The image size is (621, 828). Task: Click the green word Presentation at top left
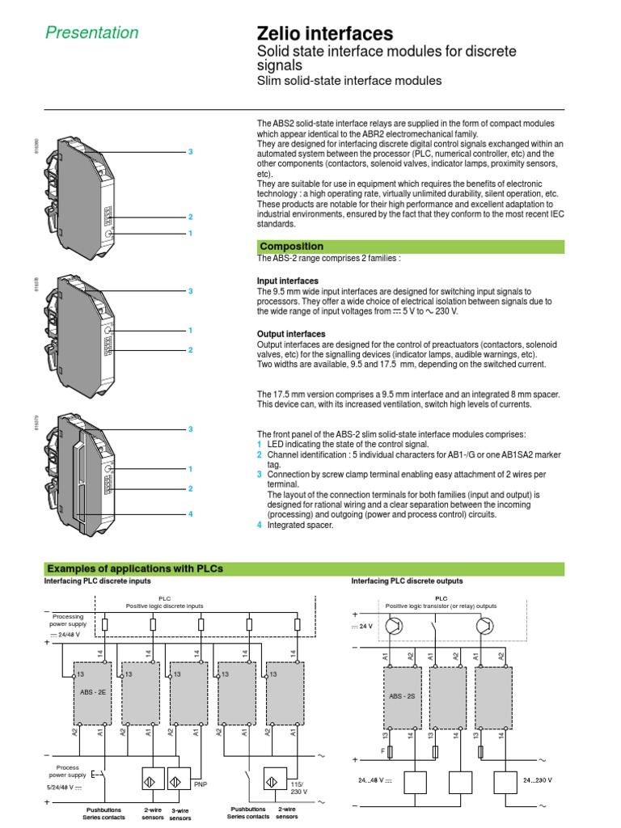pyautogui.click(x=91, y=33)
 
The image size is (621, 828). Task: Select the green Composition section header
pyautogui.click(x=292, y=247)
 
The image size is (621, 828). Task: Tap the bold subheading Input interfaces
pyautogui.click(x=288, y=281)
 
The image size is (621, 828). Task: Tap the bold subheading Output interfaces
pyautogui.click(x=291, y=334)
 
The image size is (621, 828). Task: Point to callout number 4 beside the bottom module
pyautogui.click(x=191, y=513)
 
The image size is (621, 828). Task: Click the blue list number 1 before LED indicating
pyautogui.click(x=260, y=445)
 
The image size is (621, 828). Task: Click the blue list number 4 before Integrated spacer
pyautogui.click(x=260, y=525)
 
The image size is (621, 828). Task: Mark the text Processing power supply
pyautogui.click(x=68, y=620)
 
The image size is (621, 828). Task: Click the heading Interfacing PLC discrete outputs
pyautogui.click(x=407, y=581)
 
